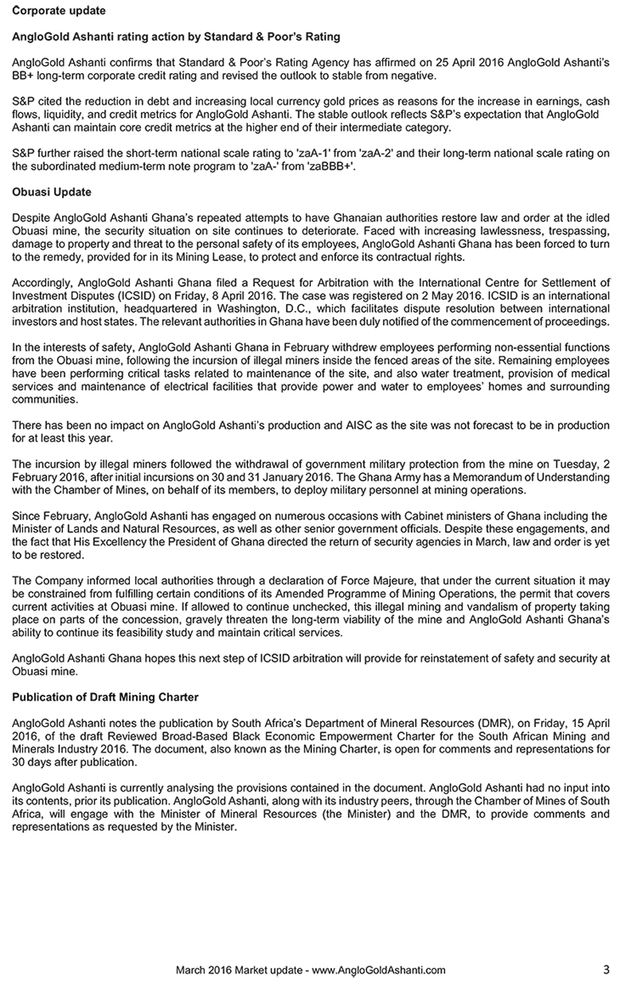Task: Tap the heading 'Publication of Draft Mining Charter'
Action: point(106,697)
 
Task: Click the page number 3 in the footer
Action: point(606,969)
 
